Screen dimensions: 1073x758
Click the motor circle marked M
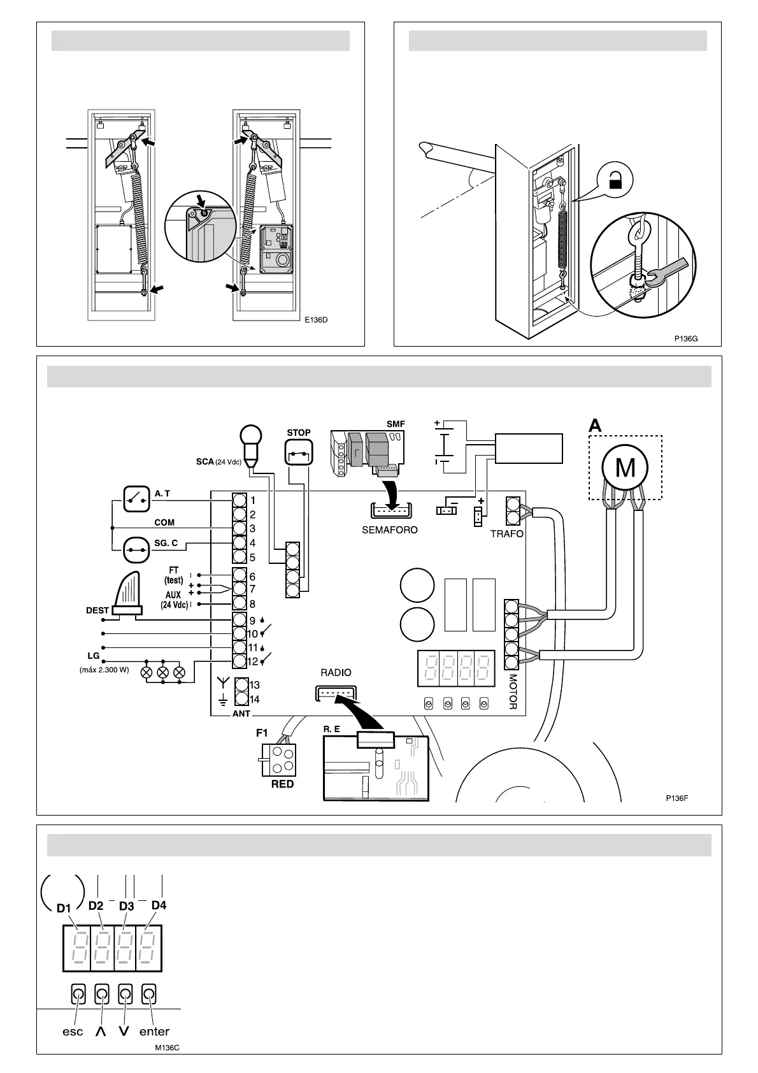click(x=625, y=468)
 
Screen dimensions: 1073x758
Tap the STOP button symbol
click(x=299, y=454)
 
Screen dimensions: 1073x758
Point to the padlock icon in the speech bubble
click(x=615, y=182)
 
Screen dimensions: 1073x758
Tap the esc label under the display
click(x=73, y=1032)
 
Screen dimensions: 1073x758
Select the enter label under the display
click(x=154, y=1032)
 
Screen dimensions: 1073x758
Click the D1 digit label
click(x=64, y=908)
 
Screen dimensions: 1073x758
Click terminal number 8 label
click(x=252, y=604)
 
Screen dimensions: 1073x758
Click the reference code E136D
click(x=315, y=320)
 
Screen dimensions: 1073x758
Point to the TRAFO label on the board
click(x=506, y=534)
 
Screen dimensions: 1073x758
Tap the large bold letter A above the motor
click(x=595, y=426)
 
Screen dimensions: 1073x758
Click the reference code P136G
click(x=686, y=338)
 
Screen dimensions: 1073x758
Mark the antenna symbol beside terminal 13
click(x=223, y=684)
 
